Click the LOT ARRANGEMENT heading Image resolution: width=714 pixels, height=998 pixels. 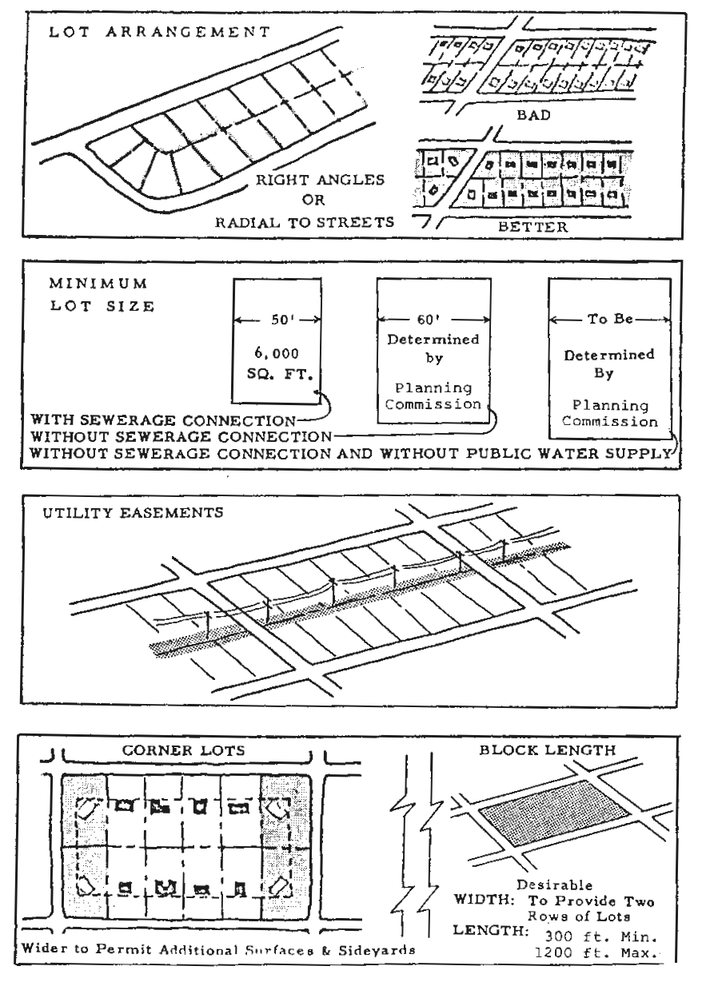[x=159, y=32]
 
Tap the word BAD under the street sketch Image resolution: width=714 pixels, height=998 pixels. [x=533, y=115]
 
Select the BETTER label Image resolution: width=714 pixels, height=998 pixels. [x=533, y=227]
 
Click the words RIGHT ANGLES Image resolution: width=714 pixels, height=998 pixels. [x=320, y=180]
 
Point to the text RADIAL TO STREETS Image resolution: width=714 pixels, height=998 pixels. [x=305, y=222]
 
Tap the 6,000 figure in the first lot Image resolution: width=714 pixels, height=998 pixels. [x=277, y=353]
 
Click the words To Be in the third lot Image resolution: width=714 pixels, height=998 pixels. [x=610, y=319]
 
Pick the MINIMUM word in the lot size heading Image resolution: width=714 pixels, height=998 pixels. [x=98, y=284]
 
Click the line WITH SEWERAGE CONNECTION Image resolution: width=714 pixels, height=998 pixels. [x=163, y=420]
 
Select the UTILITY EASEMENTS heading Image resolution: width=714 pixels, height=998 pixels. [x=133, y=513]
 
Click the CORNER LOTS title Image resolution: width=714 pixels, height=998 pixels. [x=184, y=750]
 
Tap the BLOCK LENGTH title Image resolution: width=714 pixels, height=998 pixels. [x=548, y=750]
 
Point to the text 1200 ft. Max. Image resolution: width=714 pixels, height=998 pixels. [x=596, y=952]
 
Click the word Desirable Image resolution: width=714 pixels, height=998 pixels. [x=554, y=885]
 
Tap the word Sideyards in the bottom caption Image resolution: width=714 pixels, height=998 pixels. [x=377, y=950]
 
